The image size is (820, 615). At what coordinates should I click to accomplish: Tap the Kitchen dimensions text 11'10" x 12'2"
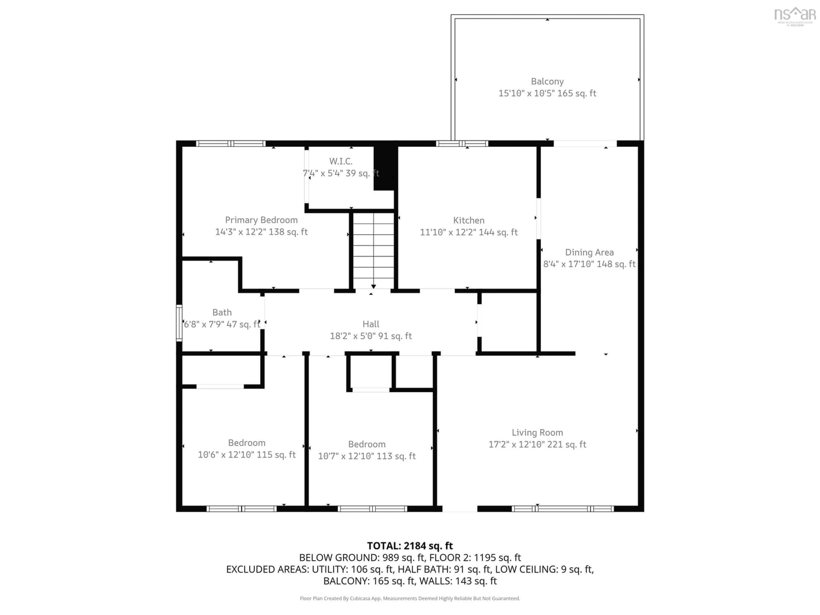point(469,232)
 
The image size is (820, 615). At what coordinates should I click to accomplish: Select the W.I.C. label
point(341,161)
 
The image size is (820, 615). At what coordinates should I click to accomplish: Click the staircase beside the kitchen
point(373,250)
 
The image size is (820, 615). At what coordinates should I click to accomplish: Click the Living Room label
point(537,433)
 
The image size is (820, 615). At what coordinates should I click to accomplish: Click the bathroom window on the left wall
point(179,322)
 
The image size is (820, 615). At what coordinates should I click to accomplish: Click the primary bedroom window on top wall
point(231,143)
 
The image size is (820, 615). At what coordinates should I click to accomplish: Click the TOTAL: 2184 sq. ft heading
point(410,546)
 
